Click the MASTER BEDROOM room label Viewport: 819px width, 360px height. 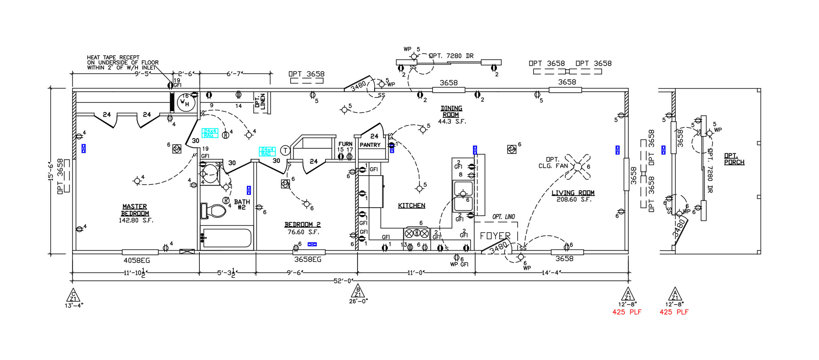pos(135,210)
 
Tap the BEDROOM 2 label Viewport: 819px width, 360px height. pos(302,224)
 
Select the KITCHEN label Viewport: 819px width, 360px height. pos(412,206)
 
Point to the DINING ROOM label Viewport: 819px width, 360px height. pos(451,111)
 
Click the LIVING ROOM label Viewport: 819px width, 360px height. pos(572,193)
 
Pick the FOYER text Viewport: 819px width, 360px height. pos(495,236)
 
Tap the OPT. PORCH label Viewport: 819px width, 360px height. pos(734,159)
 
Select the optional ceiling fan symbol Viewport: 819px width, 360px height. pos(577,166)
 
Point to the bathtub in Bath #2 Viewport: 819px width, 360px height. pos(226,238)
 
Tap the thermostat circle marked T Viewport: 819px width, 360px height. pos(285,150)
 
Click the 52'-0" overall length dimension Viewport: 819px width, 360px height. pos(343,281)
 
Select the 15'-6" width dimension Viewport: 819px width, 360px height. pos(51,171)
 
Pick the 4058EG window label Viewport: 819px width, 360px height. pos(137,260)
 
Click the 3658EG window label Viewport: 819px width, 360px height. pos(308,259)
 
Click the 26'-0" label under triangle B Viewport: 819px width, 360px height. pos(358,301)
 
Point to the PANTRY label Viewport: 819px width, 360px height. pos(370,145)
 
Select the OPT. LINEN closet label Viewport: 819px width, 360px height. pos(260,102)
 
